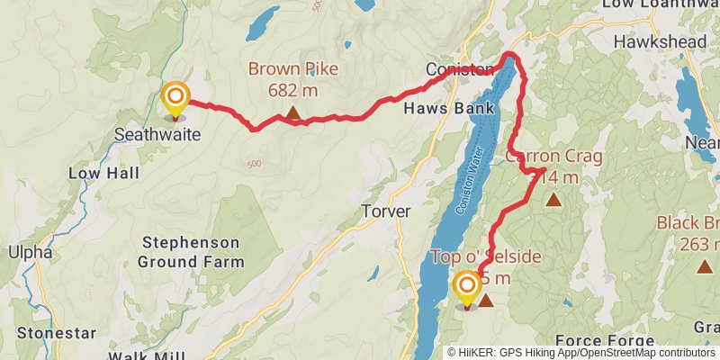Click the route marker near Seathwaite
click(175, 97)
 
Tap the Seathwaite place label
click(157, 135)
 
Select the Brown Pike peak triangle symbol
click(292, 113)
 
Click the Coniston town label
click(460, 70)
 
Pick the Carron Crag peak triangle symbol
click(553, 201)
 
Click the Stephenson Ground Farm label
click(190, 253)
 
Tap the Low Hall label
click(100, 172)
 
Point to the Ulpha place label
click(31, 252)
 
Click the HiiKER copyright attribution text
click(582, 353)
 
